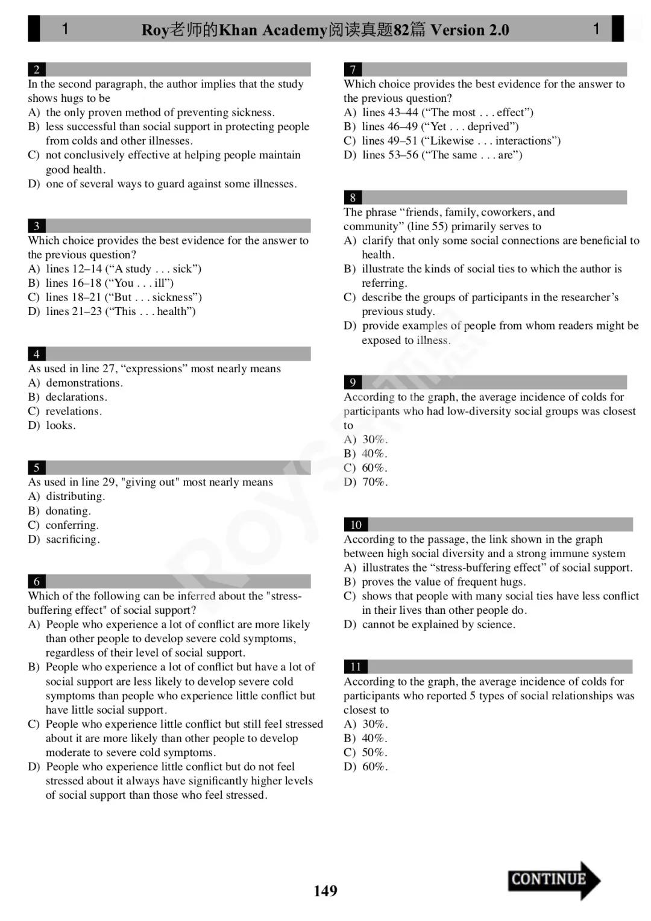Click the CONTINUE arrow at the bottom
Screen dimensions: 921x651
[x=553, y=879]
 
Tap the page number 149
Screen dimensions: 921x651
[x=325, y=891]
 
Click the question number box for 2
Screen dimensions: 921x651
[x=37, y=69]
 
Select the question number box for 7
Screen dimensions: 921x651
[x=353, y=69]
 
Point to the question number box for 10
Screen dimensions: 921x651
[x=356, y=525]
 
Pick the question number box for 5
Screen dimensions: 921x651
[x=37, y=467]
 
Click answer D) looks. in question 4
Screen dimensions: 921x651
[x=52, y=425]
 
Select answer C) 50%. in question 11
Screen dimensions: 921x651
[x=365, y=752]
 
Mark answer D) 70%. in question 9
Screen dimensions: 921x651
[x=365, y=482]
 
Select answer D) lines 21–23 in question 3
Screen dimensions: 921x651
[x=112, y=311]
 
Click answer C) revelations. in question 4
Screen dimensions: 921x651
[x=65, y=411]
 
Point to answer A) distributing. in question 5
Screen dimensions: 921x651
[x=66, y=496]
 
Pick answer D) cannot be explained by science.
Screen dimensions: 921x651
[x=429, y=625]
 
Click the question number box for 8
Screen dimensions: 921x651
[x=353, y=198]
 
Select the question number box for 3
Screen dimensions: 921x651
[x=37, y=226]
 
